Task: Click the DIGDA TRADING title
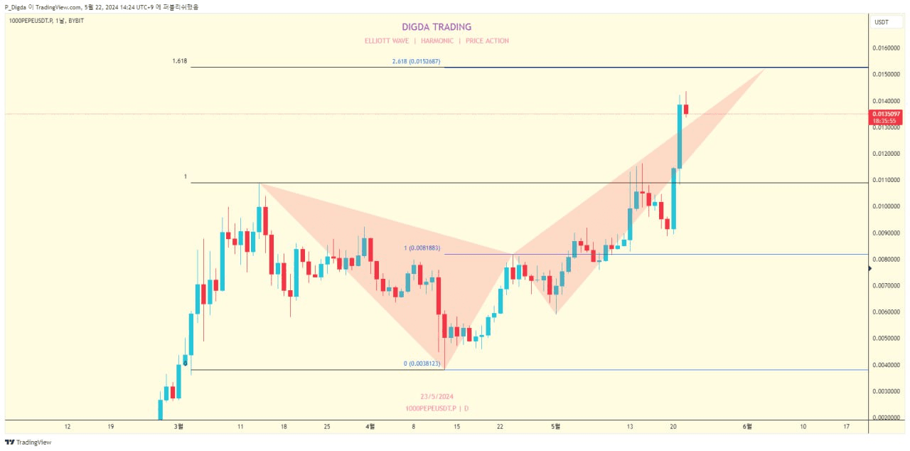437,27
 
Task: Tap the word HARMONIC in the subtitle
437,41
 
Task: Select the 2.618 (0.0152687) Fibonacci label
416,62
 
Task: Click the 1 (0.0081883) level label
422,248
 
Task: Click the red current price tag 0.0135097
886,114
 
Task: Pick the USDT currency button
882,22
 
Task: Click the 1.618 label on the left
179,61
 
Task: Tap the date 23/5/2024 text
437,396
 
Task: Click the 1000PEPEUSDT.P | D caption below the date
437,408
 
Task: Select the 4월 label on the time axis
370,427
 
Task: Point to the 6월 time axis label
747,427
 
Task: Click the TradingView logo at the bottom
28,442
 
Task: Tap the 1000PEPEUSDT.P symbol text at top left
31,21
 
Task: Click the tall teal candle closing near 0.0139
680,135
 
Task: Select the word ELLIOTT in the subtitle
378,41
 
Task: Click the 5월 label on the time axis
556,427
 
